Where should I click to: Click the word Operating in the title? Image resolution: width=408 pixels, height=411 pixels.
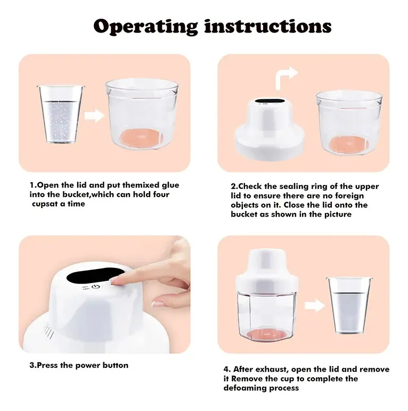click(x=146, y=26)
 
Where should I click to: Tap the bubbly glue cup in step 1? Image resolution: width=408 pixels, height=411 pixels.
click(x=61, y=114)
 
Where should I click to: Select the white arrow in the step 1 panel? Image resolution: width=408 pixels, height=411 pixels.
click(x=94, y=115)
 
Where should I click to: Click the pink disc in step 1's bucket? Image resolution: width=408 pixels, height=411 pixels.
click(x=142, y=138)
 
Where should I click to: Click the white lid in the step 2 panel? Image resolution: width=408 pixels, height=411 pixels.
click(x=270, y=129)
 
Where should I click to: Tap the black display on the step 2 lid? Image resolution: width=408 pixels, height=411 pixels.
click(x=270, y=101)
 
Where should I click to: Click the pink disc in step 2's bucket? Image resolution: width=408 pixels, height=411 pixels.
click(x=349, y=144)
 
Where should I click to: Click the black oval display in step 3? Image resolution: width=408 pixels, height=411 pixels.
click(x=95, y=275)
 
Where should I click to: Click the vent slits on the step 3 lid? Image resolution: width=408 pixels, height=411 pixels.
click(x=49, y=330)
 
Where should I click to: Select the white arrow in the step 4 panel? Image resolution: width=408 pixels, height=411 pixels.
click(x=315, y=305)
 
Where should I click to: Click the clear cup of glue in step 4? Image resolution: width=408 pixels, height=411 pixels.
click(x=349, y=305)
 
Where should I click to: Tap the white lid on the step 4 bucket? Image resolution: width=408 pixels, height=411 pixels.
click(x=266, y=271)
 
